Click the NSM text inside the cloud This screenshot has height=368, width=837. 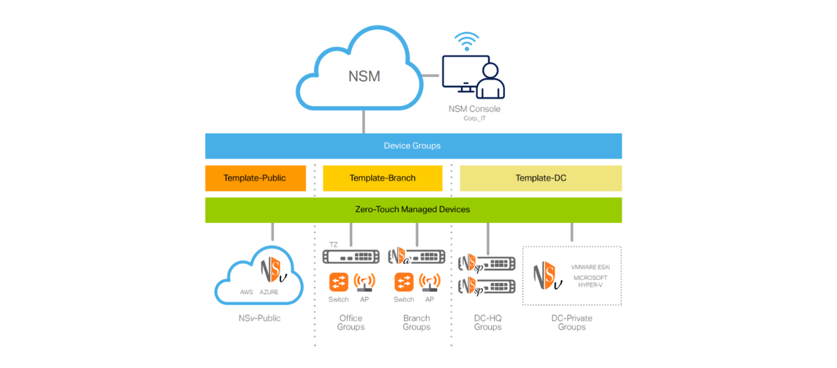click(364, 76)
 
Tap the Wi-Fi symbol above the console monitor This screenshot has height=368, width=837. click(466, 41)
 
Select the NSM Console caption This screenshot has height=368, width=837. click(474, 109)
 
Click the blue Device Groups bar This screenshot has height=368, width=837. click(413, 146)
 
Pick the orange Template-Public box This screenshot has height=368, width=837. click(255, 178)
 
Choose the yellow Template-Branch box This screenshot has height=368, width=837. click(382, 178)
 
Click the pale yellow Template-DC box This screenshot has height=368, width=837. click(541, 178)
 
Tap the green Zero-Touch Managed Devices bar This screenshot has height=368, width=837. click(413, 209)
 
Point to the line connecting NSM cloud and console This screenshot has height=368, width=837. click(432, 75)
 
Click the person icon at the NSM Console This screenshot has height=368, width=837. click(490, 80)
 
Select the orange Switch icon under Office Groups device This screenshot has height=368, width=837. click(338, 282)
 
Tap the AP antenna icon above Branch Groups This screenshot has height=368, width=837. click(429, 282)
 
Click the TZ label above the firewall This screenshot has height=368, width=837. click(333, 244)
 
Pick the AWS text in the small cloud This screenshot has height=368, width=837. click(246, 292)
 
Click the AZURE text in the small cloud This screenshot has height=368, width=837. click(269, 292)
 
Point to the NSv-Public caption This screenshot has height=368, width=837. click(258, 318)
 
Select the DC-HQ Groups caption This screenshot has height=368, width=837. click(488, 323)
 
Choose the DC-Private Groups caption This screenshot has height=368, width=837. click(572, 323)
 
